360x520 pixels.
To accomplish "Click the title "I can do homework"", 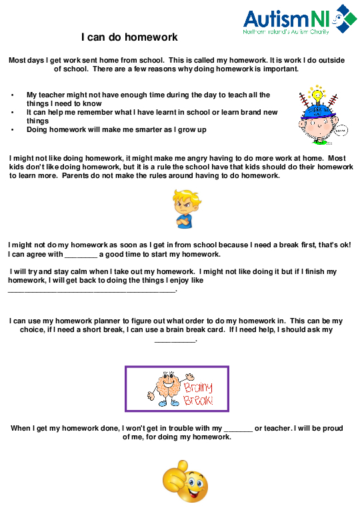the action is (x=129, y=37).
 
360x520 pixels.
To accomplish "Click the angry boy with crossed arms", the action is (x=183, y=209).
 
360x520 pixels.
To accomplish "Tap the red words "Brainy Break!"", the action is (x=198, y=393).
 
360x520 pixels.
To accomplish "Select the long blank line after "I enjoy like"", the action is (x=92, y=290).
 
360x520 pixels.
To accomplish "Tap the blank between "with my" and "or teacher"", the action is (x=238, y=428).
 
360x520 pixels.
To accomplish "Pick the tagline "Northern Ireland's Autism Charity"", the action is (x=287, y=31).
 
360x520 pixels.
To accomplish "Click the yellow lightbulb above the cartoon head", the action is (x=318, y=91).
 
